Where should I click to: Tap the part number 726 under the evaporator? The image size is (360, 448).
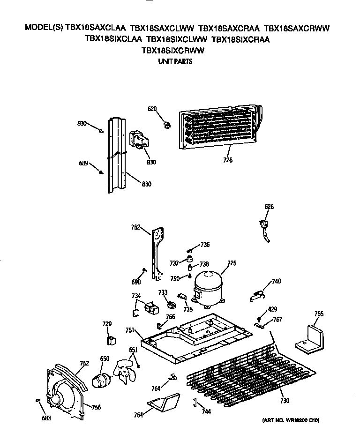tap(228, 160)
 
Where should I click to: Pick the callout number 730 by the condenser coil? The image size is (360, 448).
tap(285, 401)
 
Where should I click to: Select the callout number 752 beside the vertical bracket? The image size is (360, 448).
tap(135, 228)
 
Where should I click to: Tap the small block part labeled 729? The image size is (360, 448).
tap(111, 339)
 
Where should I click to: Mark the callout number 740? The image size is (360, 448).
tap(277, 281)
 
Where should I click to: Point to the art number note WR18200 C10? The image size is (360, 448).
tap(290, 421)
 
